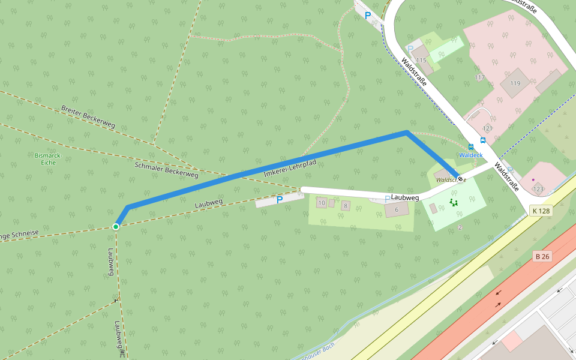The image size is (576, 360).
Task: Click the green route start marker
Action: tap(116, 226)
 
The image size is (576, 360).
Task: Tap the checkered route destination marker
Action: tap(460, 178)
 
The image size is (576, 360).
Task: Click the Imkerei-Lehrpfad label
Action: tap(290, 168)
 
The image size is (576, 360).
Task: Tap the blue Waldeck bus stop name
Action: tap(470, 155)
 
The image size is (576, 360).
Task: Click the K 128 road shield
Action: tap(541, 211)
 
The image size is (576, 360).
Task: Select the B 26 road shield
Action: tap(542, 257)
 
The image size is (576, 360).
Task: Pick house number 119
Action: tap(515, 83)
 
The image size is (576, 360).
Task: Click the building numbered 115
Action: tap(421, 61)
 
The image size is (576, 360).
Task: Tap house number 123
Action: tap(538, 189)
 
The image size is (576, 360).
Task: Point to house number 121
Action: tap(487, 128)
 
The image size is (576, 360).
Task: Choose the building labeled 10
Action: tap(322, 203)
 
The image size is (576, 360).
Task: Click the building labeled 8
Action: tap(345, 206)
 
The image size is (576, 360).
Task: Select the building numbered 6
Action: tap(397, 209)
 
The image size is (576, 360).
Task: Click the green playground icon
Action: tap(453, 203)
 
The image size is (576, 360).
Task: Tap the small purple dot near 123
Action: tap(533, 179)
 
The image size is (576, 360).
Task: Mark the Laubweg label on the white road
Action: tap(404, 197)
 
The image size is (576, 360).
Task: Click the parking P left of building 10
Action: tap(279, 199)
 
